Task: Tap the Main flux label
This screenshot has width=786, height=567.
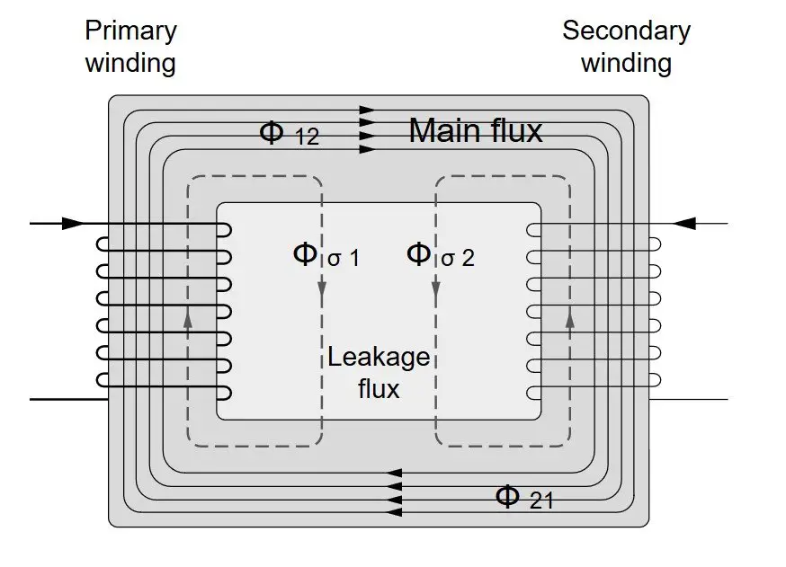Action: pyautogui.click(x=476, y=131)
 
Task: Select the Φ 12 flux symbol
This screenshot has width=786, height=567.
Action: pyautogui.click(x=288, y=133)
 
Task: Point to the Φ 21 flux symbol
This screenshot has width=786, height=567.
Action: pyautogui.click(x=523, y=497)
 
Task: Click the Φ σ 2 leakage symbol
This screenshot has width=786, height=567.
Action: pyautogui.click(x=440, y=255)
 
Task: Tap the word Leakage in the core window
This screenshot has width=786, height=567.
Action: pyautogui.click(x=378, y=358)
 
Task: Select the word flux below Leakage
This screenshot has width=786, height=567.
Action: pyautogui.click(x=378, y=389)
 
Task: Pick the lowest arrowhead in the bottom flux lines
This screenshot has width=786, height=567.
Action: pyautogui.click(x=394, y=511)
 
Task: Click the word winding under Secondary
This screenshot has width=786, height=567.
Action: pyautogui.click(x=626, y=63)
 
